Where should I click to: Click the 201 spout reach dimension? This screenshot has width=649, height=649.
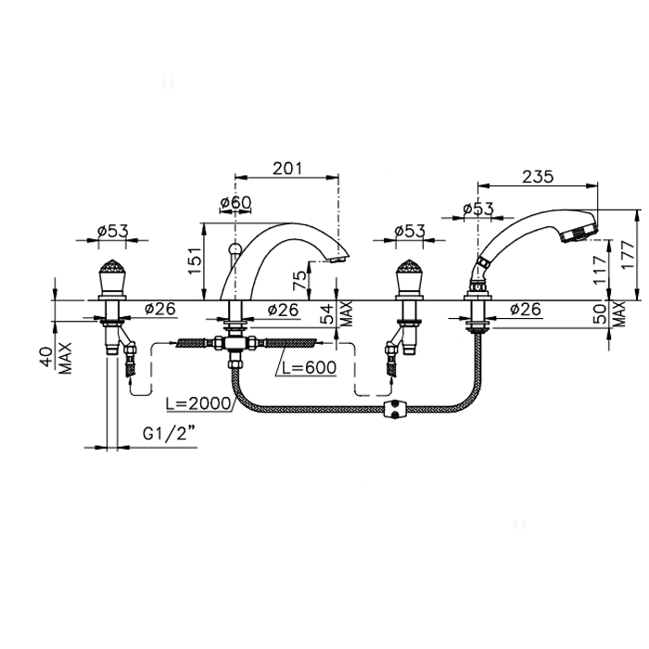(x=287, y=168)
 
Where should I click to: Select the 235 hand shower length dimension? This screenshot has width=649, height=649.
(x=538, y=177)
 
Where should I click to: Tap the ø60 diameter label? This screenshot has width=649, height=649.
(x=235, y=202)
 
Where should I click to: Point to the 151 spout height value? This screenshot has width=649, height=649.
(x=195, y=261)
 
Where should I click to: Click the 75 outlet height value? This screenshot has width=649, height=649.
(x=300, y=280)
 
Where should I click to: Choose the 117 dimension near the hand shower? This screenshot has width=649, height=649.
(x=600, y=270)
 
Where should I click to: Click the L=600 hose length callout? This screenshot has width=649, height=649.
(x=309, y=367)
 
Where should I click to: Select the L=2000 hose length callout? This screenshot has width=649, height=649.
(x=198, y=402)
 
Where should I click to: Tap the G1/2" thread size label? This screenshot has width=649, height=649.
(x=169, y=434)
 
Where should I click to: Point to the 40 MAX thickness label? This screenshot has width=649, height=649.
(x=57, y=358)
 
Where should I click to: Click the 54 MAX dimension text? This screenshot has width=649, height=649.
(x=337, y=313)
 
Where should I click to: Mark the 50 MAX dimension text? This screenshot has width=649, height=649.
(x=609, y=313)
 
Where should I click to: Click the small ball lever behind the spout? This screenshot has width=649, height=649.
(x=234, y=248)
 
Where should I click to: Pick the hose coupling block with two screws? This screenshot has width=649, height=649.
(x=394, y=410)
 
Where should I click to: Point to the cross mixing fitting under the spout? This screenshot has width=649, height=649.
(x=235, y=344)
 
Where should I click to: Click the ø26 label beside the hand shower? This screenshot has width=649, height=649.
(x=526, y=309)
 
